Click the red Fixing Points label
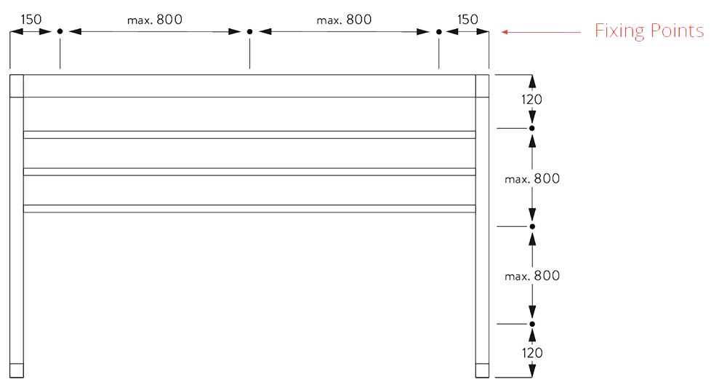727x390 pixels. pos(649,31)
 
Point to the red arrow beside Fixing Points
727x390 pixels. pos(542,32)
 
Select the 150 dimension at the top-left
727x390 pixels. pos(31,19)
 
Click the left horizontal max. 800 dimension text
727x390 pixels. pos(155,20)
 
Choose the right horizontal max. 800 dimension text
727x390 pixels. pos(344,20)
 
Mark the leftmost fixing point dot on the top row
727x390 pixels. pos(60,32)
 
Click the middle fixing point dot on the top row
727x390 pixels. pos(249,32)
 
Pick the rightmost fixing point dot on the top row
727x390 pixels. pos(439,32)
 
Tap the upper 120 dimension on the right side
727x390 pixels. pos(532,99)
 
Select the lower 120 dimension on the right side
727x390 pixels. pos(532,353)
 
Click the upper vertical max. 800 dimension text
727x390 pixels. pos(533,178)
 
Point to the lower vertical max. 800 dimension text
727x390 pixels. pos(533,276)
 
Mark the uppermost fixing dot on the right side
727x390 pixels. pos(532,128)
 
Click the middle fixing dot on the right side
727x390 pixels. pos(532,226)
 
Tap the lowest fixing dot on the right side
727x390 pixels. pos(532,324)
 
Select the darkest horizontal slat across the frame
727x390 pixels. pos(247,200)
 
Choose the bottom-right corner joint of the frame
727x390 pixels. pos(482,370)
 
